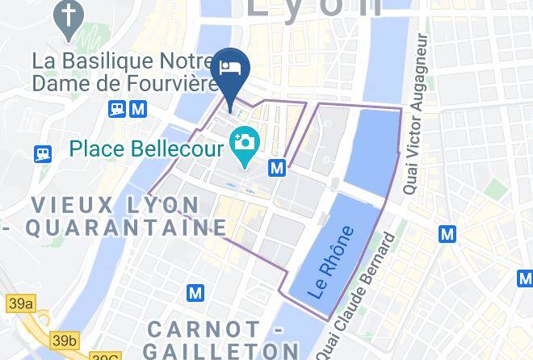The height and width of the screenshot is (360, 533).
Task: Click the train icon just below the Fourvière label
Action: pos(117,107)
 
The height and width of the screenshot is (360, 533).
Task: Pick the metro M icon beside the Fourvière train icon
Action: pos(138,107)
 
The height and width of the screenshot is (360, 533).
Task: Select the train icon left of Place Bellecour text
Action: pos(43,152)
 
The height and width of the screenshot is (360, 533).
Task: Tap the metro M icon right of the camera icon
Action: pos(278,168)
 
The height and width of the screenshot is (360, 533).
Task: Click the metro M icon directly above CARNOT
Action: pos(195,292)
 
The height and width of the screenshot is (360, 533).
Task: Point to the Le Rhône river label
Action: pos(332,262)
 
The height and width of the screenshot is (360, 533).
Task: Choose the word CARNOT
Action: pos(204,329)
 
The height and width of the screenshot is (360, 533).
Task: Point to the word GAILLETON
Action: pos(221,350)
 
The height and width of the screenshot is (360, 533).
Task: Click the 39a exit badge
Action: pos(21,303)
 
